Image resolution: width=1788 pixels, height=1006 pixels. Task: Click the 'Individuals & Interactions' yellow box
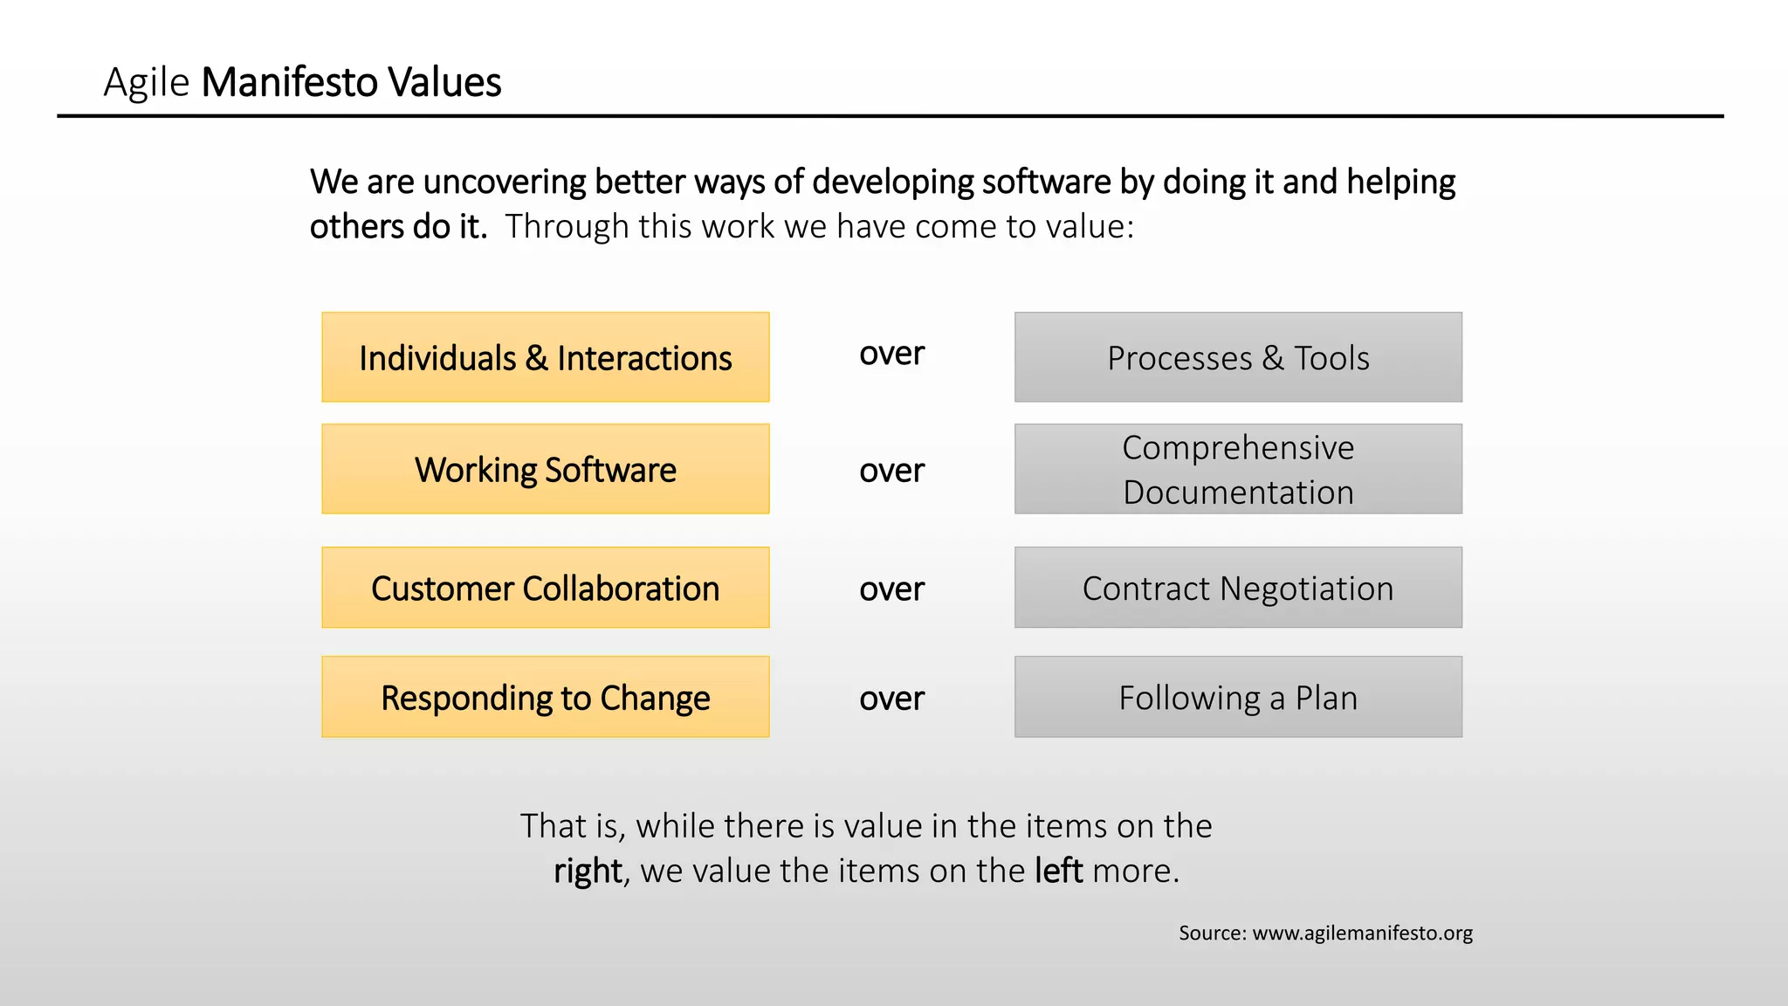click(x=545, y=357)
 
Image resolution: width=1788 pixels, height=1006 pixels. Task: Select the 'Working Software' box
click(x=545, y=469)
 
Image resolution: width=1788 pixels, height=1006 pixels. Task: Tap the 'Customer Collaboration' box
click(x=545, y=588)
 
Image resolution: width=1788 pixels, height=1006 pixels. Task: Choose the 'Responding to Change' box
click(x=545, y=697)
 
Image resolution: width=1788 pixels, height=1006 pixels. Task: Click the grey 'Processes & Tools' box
click(x=1238, y=357)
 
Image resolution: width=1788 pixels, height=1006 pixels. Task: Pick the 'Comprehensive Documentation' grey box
click(x=1238, y=469)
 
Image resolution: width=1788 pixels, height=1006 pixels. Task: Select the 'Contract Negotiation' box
click(x=1238, y=588)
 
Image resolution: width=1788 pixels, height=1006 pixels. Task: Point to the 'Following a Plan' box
click(x=1238, y=697)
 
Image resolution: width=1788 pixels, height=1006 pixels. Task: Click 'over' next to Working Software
click(x=891, y=471)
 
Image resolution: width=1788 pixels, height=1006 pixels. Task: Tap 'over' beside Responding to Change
click(x=891, y=699)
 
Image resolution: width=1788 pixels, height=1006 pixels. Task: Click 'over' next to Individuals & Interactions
click(x=891, y=354)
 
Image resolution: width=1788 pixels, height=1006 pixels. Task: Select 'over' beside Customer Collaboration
click(x=891, y=589)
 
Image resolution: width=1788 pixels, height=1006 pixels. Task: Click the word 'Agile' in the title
click(x=146, y=83)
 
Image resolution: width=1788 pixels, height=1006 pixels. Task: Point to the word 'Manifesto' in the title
click(x=289, y=83)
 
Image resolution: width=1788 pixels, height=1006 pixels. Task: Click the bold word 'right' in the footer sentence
click(x=588, y=872)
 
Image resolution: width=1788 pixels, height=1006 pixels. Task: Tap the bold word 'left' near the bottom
click(x=1058, y=871)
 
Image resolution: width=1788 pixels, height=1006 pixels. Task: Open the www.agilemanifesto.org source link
click(x=1362, y=933)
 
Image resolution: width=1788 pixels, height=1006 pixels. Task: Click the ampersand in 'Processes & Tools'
click(x=1273, y=358)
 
